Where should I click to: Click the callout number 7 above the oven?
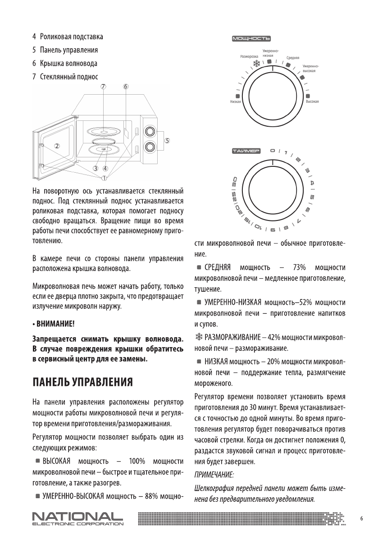[x=103, y=86]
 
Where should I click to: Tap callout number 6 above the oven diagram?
[x=126, y=86]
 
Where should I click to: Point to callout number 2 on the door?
[x=57, y=145]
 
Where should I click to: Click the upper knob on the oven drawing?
[x=148, y=131]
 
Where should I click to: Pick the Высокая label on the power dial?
[x=312, y=102]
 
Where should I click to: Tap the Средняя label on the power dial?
[x=293, y=58]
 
